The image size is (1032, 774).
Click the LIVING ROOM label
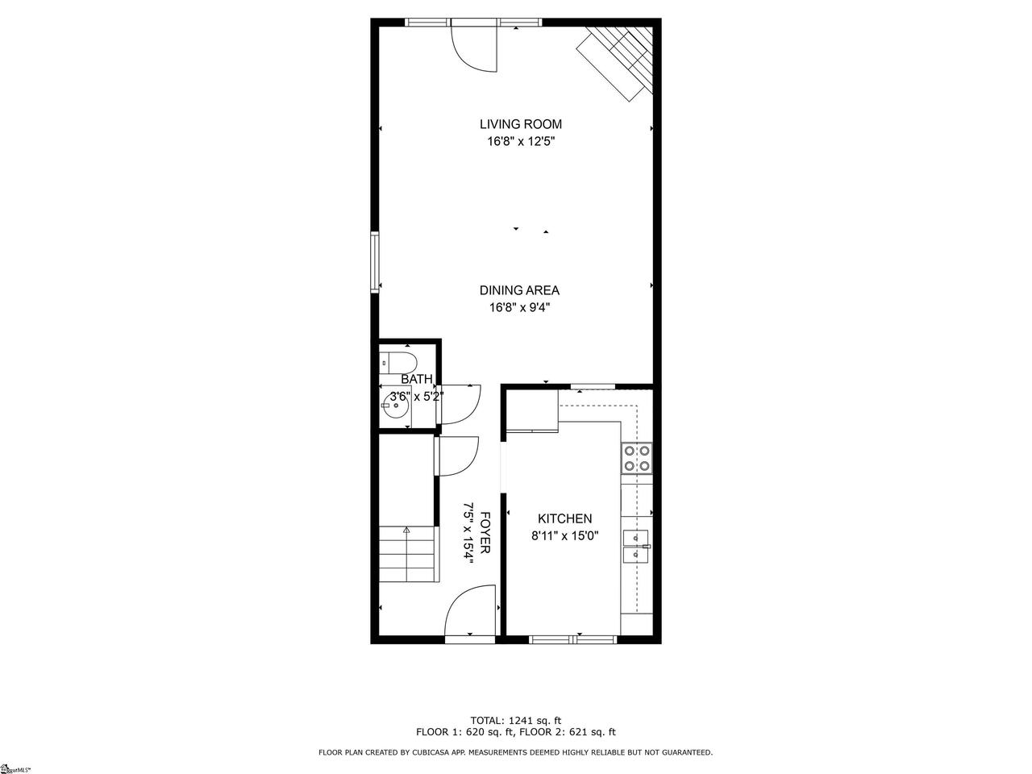521,124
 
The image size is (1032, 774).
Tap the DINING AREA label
519,290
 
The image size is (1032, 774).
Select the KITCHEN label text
564,518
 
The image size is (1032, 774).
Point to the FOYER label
485,532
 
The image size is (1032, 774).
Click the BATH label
417,379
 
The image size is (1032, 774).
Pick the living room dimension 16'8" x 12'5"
521,141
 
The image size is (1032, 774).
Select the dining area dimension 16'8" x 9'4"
519,308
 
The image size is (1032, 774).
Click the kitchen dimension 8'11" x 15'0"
564,535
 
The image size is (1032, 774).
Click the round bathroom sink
395,406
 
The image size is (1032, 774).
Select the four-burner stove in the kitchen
637,459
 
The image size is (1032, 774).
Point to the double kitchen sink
636,547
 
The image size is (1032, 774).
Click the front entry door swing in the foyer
470,611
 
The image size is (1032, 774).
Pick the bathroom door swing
459,404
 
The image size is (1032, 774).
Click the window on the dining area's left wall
375,262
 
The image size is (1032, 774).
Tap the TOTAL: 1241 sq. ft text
516,721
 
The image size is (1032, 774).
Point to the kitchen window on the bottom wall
572,639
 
